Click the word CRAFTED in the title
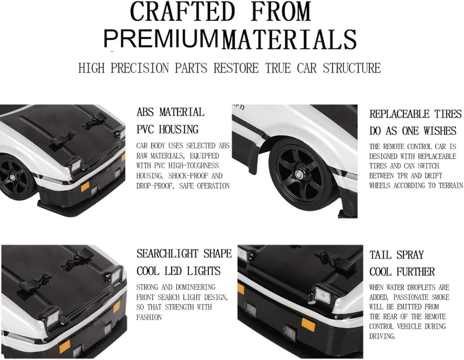click(x=182, y=11)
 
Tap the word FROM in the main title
click(x=281, y=11)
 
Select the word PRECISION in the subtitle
click(x=140, y=68)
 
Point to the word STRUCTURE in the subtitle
click(x=351, y=68)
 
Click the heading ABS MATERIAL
click(x=171, y=112)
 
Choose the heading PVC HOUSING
click(x=168, y=129)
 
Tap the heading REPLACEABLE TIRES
click(x=415, y=114)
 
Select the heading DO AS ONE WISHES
click(x=413, y=131)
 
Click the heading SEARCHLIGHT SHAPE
click(x=184, y=254)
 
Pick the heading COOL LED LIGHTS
click(x=179, y=271)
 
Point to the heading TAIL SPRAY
click(x=397, y=254)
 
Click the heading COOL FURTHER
click(x=402, y=272)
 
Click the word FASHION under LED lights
click(x=149, y=318)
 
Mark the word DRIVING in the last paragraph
click(x=382, y=336)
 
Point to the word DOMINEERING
click(x=195, y=287)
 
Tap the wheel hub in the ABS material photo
click(x=13, y=177)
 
